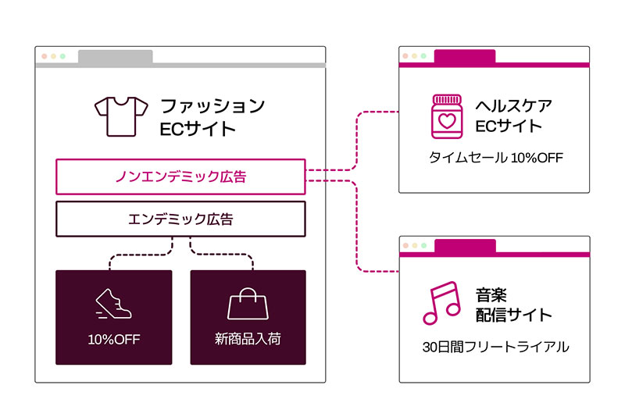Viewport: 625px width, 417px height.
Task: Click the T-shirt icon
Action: (121, 116)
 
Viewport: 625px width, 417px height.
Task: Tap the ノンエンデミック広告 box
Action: (180, 176)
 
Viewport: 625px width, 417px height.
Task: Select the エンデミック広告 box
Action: (180, 219)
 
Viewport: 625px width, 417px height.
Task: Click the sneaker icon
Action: (113, 304)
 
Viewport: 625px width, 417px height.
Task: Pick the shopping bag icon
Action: (248, 304)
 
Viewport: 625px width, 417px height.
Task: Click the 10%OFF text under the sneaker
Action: (114, 340)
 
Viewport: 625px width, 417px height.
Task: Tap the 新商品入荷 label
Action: (248, 339)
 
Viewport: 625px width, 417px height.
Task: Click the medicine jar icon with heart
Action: (447, 116)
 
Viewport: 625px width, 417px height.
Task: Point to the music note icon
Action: (441, 303)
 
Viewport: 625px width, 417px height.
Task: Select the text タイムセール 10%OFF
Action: (496, 158)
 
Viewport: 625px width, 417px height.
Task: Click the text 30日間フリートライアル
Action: (496, 347)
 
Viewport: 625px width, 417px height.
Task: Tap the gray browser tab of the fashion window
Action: (115, 56)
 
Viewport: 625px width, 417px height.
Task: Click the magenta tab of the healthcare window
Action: (465, 56)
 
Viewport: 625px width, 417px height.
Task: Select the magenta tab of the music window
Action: (465, 246)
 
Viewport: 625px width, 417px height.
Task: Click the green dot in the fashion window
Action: (62, 56)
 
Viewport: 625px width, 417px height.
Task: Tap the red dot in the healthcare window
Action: (405, 55)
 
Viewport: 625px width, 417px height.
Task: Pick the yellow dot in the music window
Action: (415, 245)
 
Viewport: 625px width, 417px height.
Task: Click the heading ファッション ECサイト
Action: (212, 117)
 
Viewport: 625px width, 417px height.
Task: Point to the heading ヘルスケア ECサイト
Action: (514, 116)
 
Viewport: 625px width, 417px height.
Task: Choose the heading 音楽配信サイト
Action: (514, 305)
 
